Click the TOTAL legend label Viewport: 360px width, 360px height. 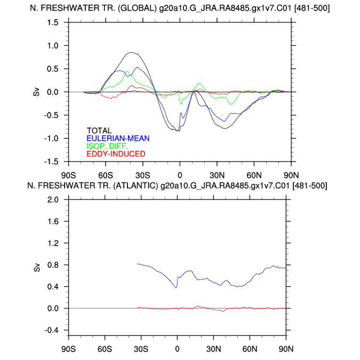pos(99,131)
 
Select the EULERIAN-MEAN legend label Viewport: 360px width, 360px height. pos(118,138)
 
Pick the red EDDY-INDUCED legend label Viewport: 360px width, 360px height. pos(115,154)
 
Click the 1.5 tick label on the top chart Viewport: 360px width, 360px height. pos(52,22)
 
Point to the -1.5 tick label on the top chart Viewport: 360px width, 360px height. pos(51,162)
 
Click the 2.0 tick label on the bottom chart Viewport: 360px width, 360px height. pos(52,199)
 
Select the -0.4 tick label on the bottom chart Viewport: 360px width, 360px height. pos(51,330)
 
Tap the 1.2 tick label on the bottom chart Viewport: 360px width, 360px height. pos(52,243)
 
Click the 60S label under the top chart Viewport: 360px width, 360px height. pos(105,174)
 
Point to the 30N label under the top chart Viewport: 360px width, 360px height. pos(217,174)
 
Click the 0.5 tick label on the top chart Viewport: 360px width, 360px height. pos(52,69)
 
